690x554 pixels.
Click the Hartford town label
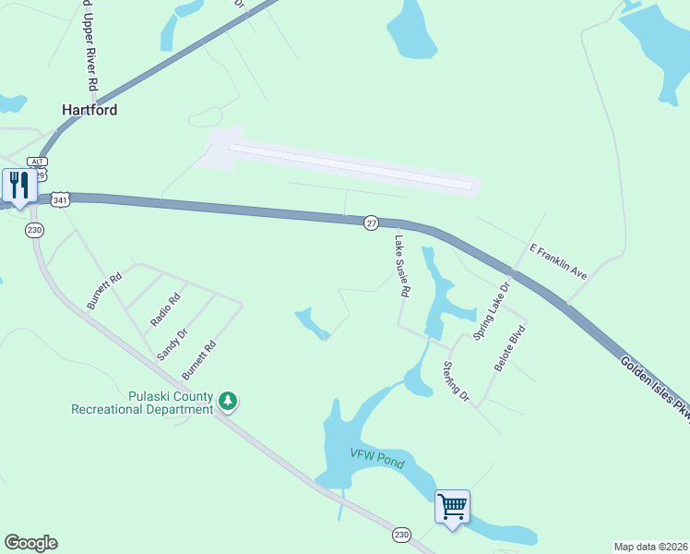[x=89, y=109]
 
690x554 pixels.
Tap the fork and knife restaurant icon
[x=18, y=186]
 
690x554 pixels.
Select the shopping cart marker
[x=452, y=506]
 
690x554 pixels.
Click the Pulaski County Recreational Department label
[x=142, y=403]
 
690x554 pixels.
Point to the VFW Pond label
[x=377, y=458]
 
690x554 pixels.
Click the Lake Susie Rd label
[x=402, y=266]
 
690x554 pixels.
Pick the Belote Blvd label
[x=510, y=348]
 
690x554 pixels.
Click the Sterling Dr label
[x=456, y=381]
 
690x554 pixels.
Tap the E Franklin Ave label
[x=558, y=262]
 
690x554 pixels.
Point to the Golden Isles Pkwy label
[x=655, y=388]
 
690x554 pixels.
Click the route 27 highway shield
[x=371, y=223]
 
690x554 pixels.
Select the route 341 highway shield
[x=60, y=199]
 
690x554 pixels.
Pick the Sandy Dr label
[x=172, y=344]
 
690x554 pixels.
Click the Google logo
[x=30, y=543]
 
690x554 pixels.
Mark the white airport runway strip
[x=351, y=165]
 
